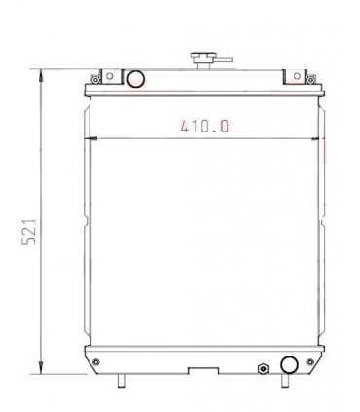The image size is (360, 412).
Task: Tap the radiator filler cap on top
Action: click(204, 57)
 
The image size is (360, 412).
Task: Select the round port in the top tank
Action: click(137, 78)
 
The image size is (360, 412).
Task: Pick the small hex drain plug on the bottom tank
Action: click(262, 368)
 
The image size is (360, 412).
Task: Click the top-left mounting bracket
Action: click(96, 75)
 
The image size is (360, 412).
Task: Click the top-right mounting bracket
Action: click(295, 75)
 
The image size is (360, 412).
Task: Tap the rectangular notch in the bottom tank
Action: click(203, 371)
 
